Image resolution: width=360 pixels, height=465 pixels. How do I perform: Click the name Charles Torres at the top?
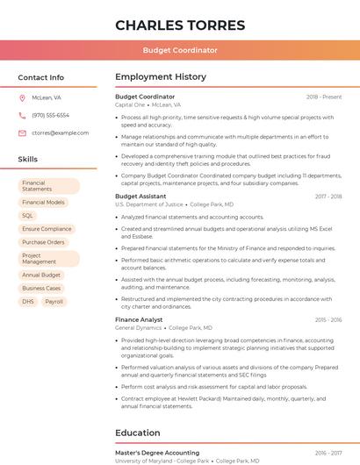tap(180, 24)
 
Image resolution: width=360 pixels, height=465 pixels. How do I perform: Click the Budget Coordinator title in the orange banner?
tap(180, 50)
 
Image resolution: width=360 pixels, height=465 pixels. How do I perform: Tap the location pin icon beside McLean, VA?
tap(22, 98)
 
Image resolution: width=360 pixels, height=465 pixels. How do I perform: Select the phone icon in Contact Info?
tap(22, 116)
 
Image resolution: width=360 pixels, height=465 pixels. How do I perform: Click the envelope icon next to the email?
tap(22, 133)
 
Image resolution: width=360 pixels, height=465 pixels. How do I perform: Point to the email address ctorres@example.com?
tap(60, 133)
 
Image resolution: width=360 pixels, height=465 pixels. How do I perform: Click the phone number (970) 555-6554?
tap(50, 116)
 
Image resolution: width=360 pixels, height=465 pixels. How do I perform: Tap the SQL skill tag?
tap(27, 216)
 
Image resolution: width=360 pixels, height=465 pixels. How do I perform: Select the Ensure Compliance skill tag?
tap(47, 229)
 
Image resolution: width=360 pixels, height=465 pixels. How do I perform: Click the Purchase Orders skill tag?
tap(43, 242)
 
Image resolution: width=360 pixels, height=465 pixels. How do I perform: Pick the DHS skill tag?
tap(27, 302)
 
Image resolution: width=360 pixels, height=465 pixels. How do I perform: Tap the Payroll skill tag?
tap(54, 302)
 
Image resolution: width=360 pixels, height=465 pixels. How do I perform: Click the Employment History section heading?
tap(160, 77)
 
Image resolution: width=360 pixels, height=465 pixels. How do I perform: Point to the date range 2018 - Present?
tap(324, 97)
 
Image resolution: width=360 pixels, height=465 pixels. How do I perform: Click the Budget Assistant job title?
tap(140, 197)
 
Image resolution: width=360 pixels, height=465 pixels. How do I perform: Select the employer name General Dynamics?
tap(138, 327)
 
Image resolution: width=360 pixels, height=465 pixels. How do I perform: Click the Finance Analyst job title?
tap(139, 320)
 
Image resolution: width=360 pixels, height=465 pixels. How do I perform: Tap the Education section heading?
tap(137, 433)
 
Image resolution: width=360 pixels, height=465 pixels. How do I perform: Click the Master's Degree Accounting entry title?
tap(157, 454)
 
